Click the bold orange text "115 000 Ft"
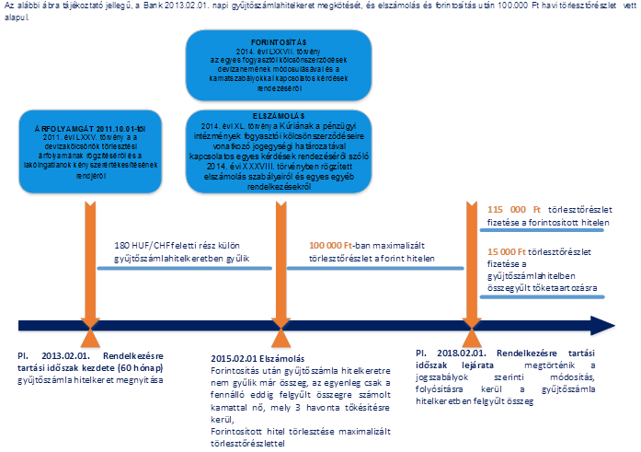tap(506, 211)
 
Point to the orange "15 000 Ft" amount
tap(503, 251)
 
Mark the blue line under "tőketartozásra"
tap(544, 299)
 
